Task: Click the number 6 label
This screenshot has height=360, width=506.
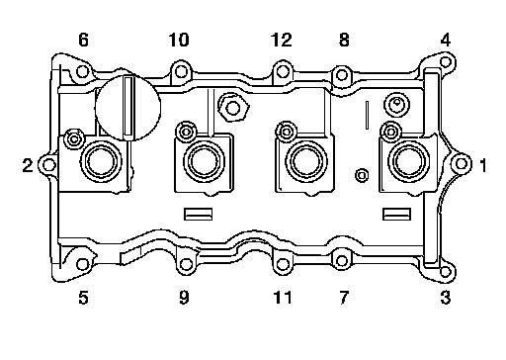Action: pyautogui.click(x=83, y=40)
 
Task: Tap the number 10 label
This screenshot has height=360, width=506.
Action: pyautogui.click(x=179, y=40)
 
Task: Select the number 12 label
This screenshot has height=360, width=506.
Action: pyautogui.click(x=282, y=40)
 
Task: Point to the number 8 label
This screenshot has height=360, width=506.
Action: pyautogui.click(x=344, y=40)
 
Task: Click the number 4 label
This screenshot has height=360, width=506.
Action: pyautogui.click(x=446, y=40)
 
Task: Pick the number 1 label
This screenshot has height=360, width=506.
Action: pyautogui.click(x=483, y=165)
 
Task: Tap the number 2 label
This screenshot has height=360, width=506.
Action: pyautogui.click(x=28, y=165)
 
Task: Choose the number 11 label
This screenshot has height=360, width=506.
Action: pyautogui.click(x=283, y=298)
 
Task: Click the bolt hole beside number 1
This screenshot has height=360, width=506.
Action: pyautogui.click(x=462, y=163)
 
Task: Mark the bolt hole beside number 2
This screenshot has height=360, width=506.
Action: pyautogui.click(x=49, y=164)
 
